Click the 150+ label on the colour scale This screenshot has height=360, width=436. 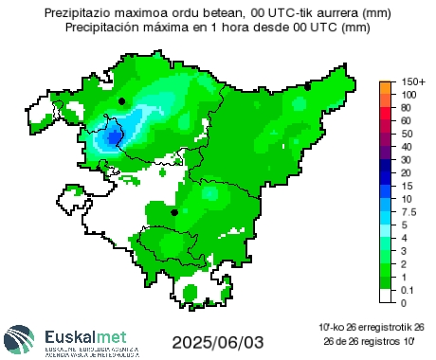coord(413,82)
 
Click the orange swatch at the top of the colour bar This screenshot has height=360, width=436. coord(385,89)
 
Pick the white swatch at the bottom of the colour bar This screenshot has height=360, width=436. coord(385,296)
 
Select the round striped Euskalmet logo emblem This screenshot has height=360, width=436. coord(20,339)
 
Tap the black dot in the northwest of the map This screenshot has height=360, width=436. coord(122,100)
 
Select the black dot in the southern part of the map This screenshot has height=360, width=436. coord(174,212)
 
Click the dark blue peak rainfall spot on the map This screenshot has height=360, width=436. coord(114,136)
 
